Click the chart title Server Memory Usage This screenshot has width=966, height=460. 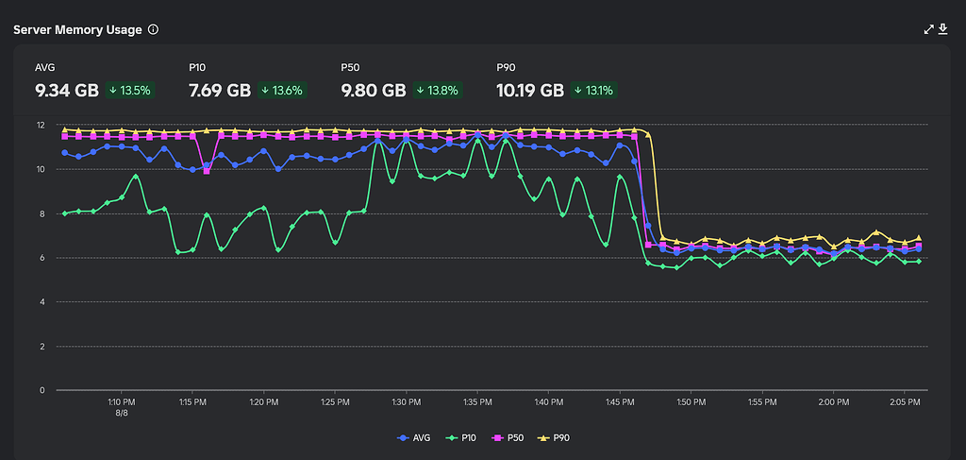(x=77, y=29)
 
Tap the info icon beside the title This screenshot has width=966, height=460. (x=153, y=29)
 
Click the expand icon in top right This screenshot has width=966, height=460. (x=929, y=29)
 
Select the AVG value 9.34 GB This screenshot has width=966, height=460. (x=67, y=91)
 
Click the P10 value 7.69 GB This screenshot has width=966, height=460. (x=220, y=91)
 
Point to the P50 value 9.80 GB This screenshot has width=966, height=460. (x=374, y=91)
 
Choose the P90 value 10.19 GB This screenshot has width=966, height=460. (x=530, y=91)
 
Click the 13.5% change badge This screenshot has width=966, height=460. (x=130, y=91)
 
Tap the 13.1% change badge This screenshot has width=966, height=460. (x=592, y=91)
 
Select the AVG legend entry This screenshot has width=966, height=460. (x=415, y=437)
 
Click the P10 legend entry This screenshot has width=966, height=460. (x=462, y=437)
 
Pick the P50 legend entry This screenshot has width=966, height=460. (x=509, y=437)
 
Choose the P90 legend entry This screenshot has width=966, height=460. (x=556, y=437)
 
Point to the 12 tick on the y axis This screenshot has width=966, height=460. (x=41, y=125)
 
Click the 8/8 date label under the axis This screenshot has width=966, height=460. (x=121, y=413)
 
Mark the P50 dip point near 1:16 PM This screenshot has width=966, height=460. (x=207, y=171)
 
